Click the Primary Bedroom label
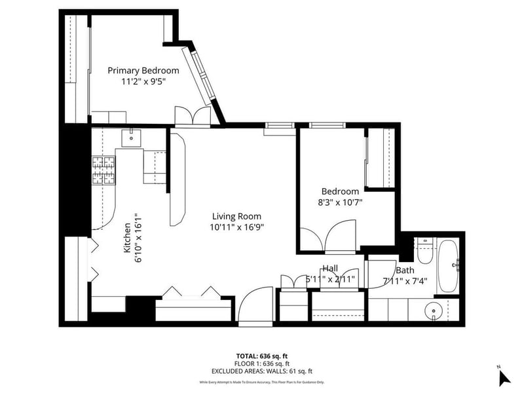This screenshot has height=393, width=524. pyautogui.click(x=143, y=71)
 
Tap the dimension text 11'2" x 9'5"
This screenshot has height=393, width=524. pyautogui.click(x=143, y=82)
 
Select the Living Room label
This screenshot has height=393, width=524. pyautogui.click(x=236, y=216)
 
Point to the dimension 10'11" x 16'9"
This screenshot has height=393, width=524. pyautogui.click(x=236, y=227)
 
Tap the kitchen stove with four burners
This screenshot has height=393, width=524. pyautogui.click(x=103, y=170)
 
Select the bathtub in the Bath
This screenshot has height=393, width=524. pyautogui.click(x=449, y=267)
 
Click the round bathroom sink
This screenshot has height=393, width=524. pyautogui.click(x=433, y=310)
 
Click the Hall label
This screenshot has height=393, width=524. pyautogui.click(x=329, y=269)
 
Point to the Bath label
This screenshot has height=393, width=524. pyautogui.click(x=405, y=270)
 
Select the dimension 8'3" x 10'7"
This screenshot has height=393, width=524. pyautogui.click(x=339, y=202)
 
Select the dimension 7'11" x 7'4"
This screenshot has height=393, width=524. pyautogui.click(x=404, y=281)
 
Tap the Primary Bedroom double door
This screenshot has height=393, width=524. pyautogui.click(x=193, y=116)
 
